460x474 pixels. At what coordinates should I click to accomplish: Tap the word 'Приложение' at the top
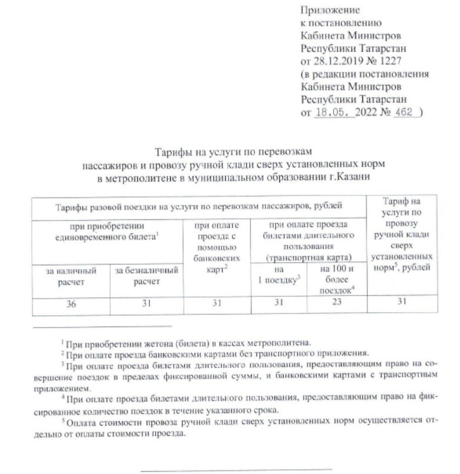pos(329,10)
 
